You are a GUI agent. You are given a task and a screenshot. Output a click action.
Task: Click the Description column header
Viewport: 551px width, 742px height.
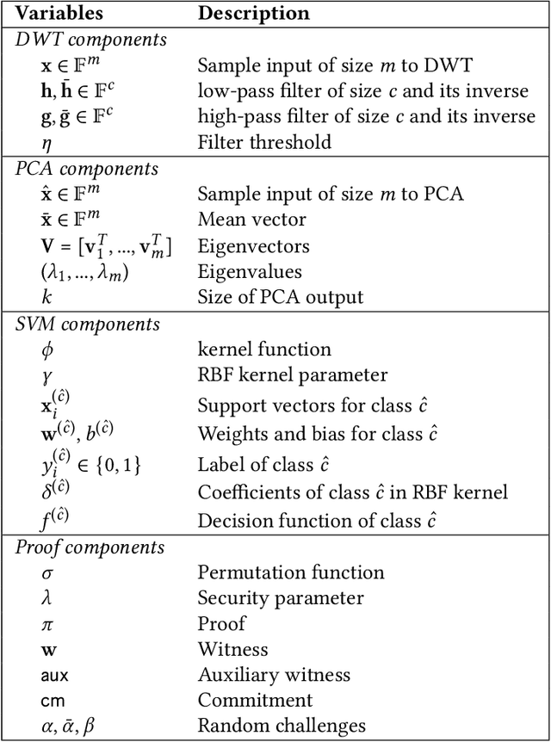254,14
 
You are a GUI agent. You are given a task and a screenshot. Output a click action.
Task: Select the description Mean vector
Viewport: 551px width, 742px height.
251,220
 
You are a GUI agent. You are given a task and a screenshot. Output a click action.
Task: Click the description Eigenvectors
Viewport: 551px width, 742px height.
253,246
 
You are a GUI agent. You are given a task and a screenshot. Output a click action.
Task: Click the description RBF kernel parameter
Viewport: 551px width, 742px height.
293,375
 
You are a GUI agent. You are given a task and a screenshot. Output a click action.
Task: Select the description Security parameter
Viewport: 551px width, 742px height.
281,598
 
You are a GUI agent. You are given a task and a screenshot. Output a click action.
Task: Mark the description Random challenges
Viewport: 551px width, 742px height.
282,727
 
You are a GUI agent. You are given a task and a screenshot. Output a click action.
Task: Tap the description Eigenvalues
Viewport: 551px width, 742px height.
249,272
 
